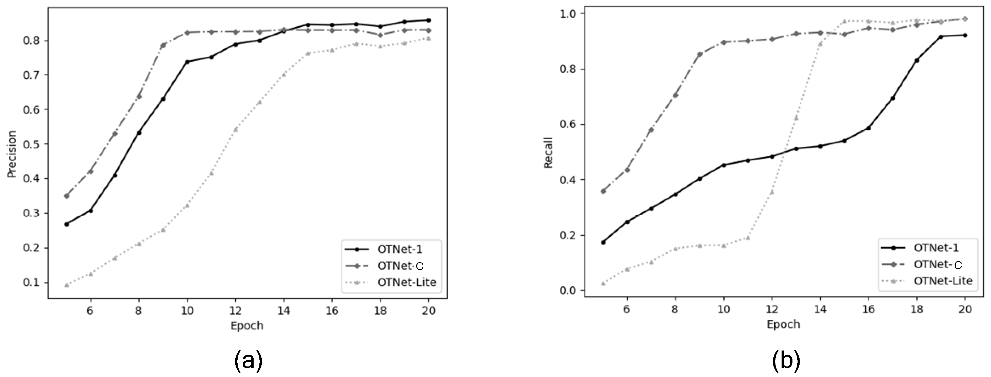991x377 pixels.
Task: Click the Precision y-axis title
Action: click(12, 154)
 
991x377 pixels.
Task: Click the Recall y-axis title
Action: click(548, 152)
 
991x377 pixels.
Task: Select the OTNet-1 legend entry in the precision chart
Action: click(399, 249)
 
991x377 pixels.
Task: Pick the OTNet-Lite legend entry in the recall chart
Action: click(943, 281)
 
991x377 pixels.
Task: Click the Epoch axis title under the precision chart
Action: click(246, 325)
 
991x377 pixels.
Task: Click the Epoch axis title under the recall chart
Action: click(783, 324)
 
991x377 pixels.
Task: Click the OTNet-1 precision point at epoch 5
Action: click(67, 224)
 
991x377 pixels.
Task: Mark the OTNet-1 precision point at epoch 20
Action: click(429, 20)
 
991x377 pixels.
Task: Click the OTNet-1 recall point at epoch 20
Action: click(965, 35)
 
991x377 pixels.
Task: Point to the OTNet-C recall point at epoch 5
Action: click(603, 191)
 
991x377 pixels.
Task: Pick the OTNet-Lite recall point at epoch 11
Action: click(748, 238)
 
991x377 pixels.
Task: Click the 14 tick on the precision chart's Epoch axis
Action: click(284, 310)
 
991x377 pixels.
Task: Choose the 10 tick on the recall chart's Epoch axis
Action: click(724, 309)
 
